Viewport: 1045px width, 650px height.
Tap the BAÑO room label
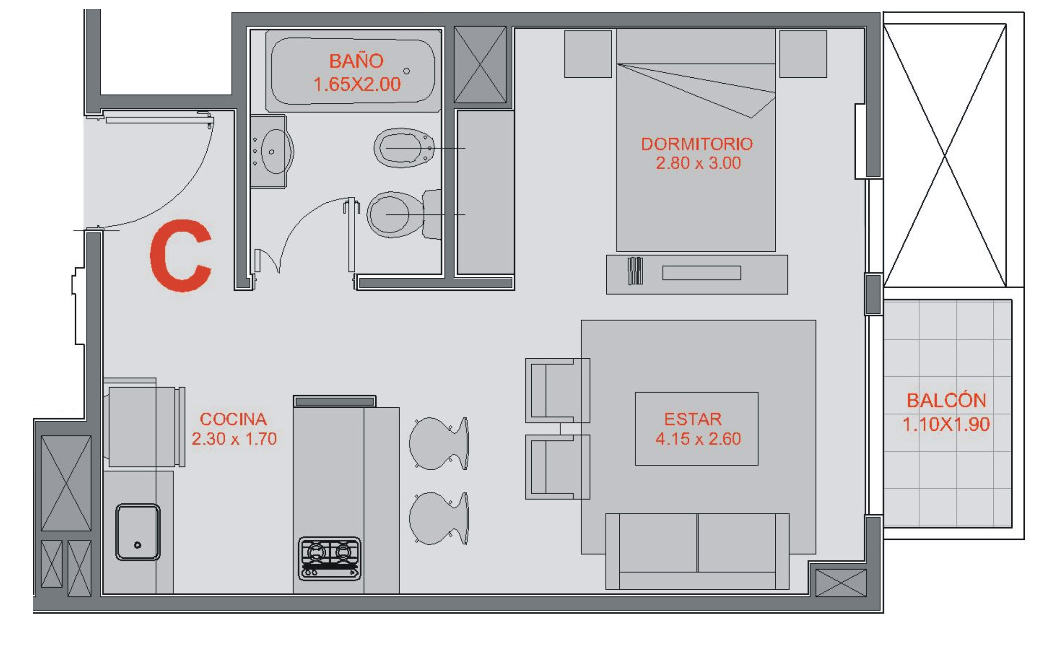(x=356, y=61)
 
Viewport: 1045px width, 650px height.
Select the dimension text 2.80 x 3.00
(x=698, y=163)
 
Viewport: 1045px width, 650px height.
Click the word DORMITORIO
(x=697, y=144)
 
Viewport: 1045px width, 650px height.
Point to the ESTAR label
(x=693, y=419)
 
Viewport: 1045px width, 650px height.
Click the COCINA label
(x=233, y=419)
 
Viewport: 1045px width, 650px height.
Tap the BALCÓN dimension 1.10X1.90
(x=946, y=424)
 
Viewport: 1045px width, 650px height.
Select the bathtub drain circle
(x=406, y=71)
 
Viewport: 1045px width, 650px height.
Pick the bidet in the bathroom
(x=404, y=148)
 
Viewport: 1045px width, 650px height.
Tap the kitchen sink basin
(x=138, y=532)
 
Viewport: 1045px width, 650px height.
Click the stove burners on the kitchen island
(x=329, y=558)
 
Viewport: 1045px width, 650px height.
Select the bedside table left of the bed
(x=588, y=54)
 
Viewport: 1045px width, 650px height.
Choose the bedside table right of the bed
(x=803, y=54)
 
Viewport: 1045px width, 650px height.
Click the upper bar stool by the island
(x=439, y=443)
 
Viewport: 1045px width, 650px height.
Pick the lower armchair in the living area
(x=557, y=467)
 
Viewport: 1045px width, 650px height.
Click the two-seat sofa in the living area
(x=697, y=551)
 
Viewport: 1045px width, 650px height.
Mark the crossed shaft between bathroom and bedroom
(x=480, y=64)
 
